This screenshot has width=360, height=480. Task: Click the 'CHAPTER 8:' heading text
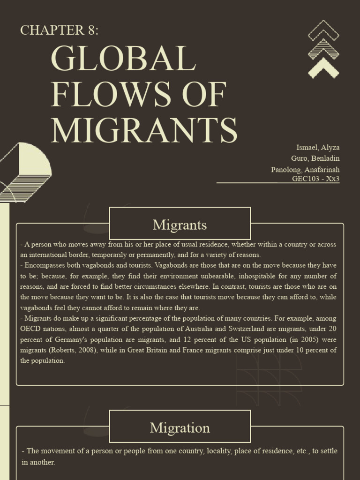60,30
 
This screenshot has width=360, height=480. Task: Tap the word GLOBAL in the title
123,59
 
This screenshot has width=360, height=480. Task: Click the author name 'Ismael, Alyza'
318,148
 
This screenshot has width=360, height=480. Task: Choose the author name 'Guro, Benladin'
315,158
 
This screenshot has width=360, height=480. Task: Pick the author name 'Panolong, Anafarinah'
305,169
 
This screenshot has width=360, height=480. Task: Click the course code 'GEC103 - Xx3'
315,179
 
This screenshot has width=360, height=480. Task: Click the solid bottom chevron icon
323,68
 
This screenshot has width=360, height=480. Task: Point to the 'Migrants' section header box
180,225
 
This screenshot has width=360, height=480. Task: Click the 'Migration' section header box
180,427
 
